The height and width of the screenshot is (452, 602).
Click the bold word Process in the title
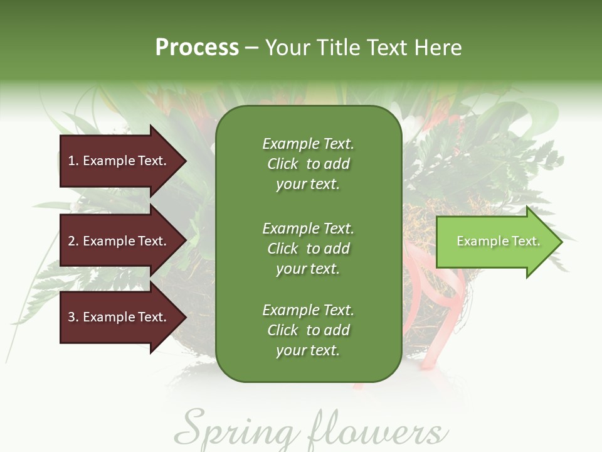pyautogui.click(x=197, y=48)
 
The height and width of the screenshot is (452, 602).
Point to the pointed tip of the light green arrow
pyautogui.click(x=560, y=242)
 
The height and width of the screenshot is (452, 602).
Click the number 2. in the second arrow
pyautogui.click(x=73, y=241)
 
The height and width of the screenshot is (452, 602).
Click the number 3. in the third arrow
pyautogui.click(x=73, y=317)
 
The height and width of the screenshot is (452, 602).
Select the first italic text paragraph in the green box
pyautogui.click(x=308, y=164)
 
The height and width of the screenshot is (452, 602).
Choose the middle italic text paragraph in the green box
pyautogui.click(x=308, y=249)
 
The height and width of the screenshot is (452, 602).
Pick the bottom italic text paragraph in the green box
pyautogui.click(x=308, y=330)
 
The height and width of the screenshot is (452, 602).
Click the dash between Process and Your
pyautogui.click(x=251, y=48)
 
